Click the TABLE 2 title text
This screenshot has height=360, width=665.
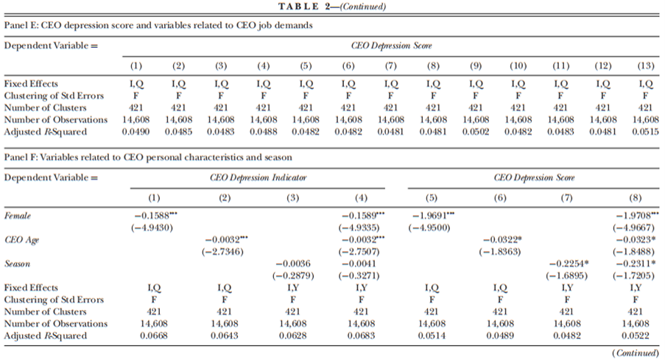pos(332,7)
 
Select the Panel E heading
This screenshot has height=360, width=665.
pos(158,25)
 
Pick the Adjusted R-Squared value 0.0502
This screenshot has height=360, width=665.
pos(476,131)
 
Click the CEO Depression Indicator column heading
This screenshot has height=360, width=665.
pos(258,177)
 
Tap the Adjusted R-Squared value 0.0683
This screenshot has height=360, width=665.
pos(363,336)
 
